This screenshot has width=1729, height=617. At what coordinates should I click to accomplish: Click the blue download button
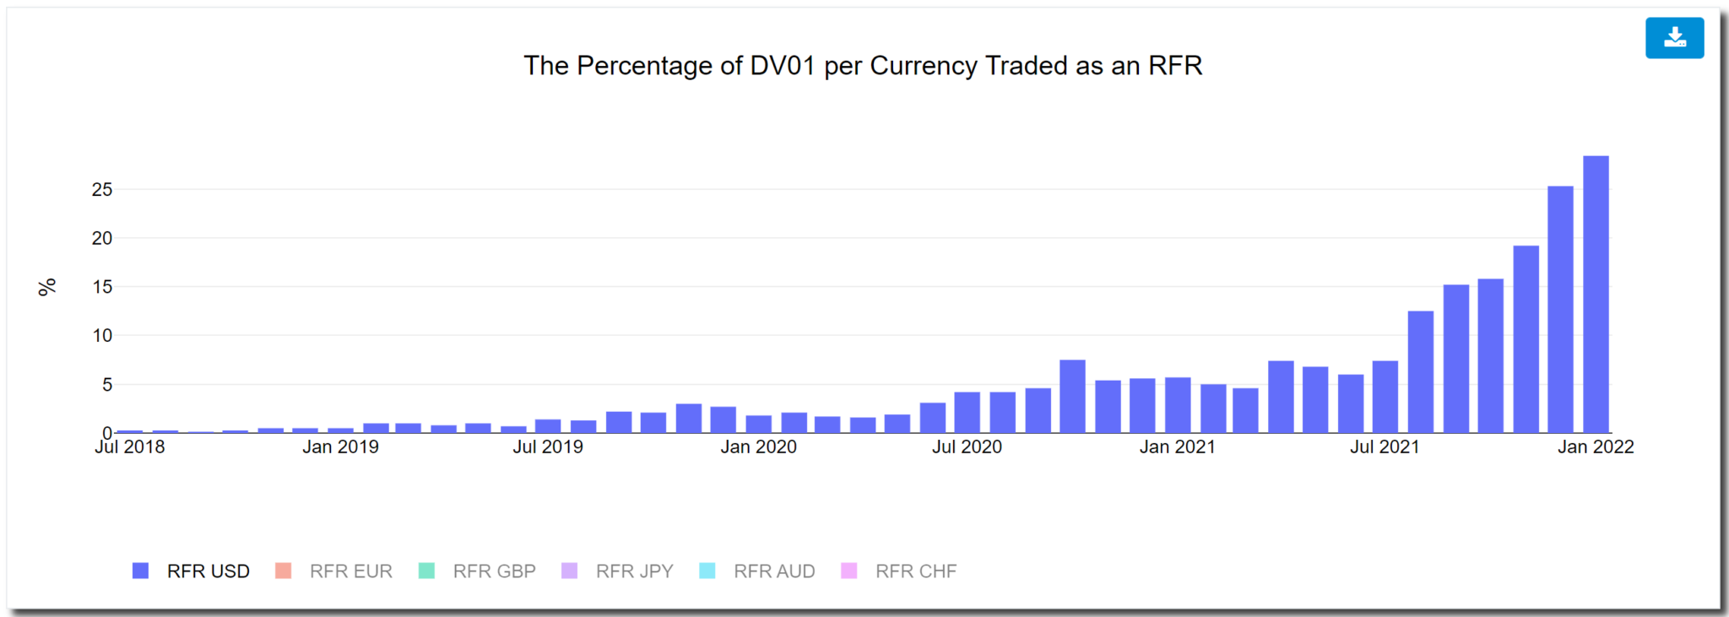[1673, 38]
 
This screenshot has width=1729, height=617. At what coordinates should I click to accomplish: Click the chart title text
[862, 66]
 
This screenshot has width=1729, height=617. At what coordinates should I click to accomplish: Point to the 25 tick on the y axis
[102, 190]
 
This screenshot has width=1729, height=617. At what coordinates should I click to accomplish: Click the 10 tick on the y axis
[102, 336]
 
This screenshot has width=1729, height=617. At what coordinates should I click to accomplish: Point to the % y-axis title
[47, 287]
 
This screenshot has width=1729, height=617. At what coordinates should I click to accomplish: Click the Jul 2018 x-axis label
[130, 447]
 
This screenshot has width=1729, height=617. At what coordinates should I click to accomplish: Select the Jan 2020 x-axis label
[758, 447]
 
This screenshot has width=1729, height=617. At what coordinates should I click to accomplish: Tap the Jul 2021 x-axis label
[1385, 447]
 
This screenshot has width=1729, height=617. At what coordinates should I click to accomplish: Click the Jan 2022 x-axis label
[1595, 447]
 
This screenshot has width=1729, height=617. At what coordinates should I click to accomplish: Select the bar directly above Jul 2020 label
[967, 413]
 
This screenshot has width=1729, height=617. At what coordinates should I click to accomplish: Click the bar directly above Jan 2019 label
[341, 430]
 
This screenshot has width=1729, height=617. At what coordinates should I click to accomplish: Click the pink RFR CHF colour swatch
[849, 571]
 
